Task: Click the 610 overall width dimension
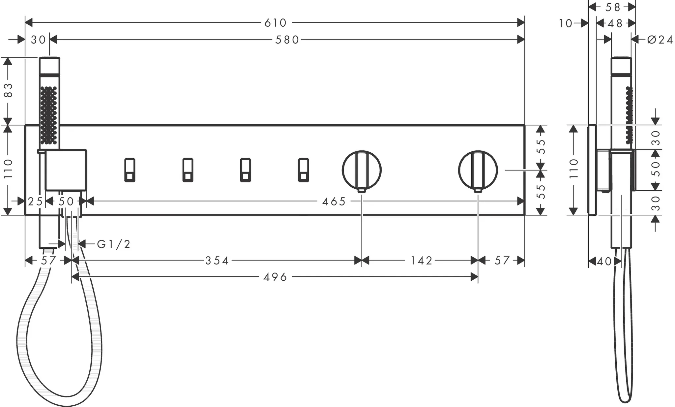pyautogui.click(x=276, y=23)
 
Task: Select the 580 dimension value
pyautogui.click(x=287, y=40)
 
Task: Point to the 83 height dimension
pyautogui.click(x=8, y=90)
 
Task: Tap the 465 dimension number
pyautogui.click(x=334, y=201)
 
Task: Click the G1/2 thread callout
pyautogui.click(x=114, y=244)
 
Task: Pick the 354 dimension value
pyautogui.click(x=217, y=261)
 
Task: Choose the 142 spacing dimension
pyautogui.click(x=421, y=261)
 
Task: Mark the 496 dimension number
pyautogui.click(x=276, y=277)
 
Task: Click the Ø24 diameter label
pyautogui.click(x=660, y=40)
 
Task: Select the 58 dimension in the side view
pyautogui.click(x=613, y=7)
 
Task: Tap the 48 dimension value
pyautogui.click(x=615, y=23)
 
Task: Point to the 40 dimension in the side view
pyautogui.click(x=604, y=262)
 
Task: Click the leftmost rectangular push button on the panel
pyautogui.click(x=130, y=170)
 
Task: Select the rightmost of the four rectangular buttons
pyautogui.click(x=304, y=170)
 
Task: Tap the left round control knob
pyautogui.click(x=362, y=170)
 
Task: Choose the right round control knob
pyautogui.click(x=478, y=170)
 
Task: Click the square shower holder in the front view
pyautogui.click(x=66, y=170)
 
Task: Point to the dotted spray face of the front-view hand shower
pyautogui.click(x=48, y=115)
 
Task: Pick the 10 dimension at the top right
pyautogui.click(x=566, y=23)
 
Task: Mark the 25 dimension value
pyautogui.click(x=35, y=201)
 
